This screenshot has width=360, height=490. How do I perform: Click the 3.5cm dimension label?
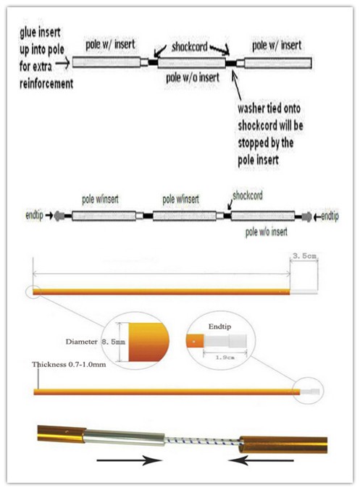click(304, 256)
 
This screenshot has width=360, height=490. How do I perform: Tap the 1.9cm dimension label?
click(225, 357)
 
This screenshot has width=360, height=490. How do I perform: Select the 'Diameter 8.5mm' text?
click(95, 342)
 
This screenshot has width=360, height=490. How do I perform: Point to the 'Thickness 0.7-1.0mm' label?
click(69, 364)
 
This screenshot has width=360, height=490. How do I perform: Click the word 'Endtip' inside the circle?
click(220, 326)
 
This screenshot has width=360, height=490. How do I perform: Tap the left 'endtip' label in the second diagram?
click(34, 215)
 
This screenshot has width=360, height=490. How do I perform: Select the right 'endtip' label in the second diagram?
click(330, 216)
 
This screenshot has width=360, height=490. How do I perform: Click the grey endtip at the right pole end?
click(307, 217)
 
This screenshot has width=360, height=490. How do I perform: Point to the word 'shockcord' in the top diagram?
click(190, 47)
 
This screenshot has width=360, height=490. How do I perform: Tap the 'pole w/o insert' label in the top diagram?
click(193, 77)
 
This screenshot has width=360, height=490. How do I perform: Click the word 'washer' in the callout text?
click(249, 109)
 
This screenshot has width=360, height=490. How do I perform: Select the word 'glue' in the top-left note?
click(28, 33)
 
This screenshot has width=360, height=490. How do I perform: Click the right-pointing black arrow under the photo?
click(129, 460)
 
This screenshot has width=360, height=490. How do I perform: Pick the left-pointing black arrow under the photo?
click(261, 460)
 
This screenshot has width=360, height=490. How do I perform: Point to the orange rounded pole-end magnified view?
click(148, 342)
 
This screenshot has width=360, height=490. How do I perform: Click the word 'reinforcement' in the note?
click(46, 83)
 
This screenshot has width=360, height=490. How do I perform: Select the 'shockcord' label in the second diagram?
click(248, 195)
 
